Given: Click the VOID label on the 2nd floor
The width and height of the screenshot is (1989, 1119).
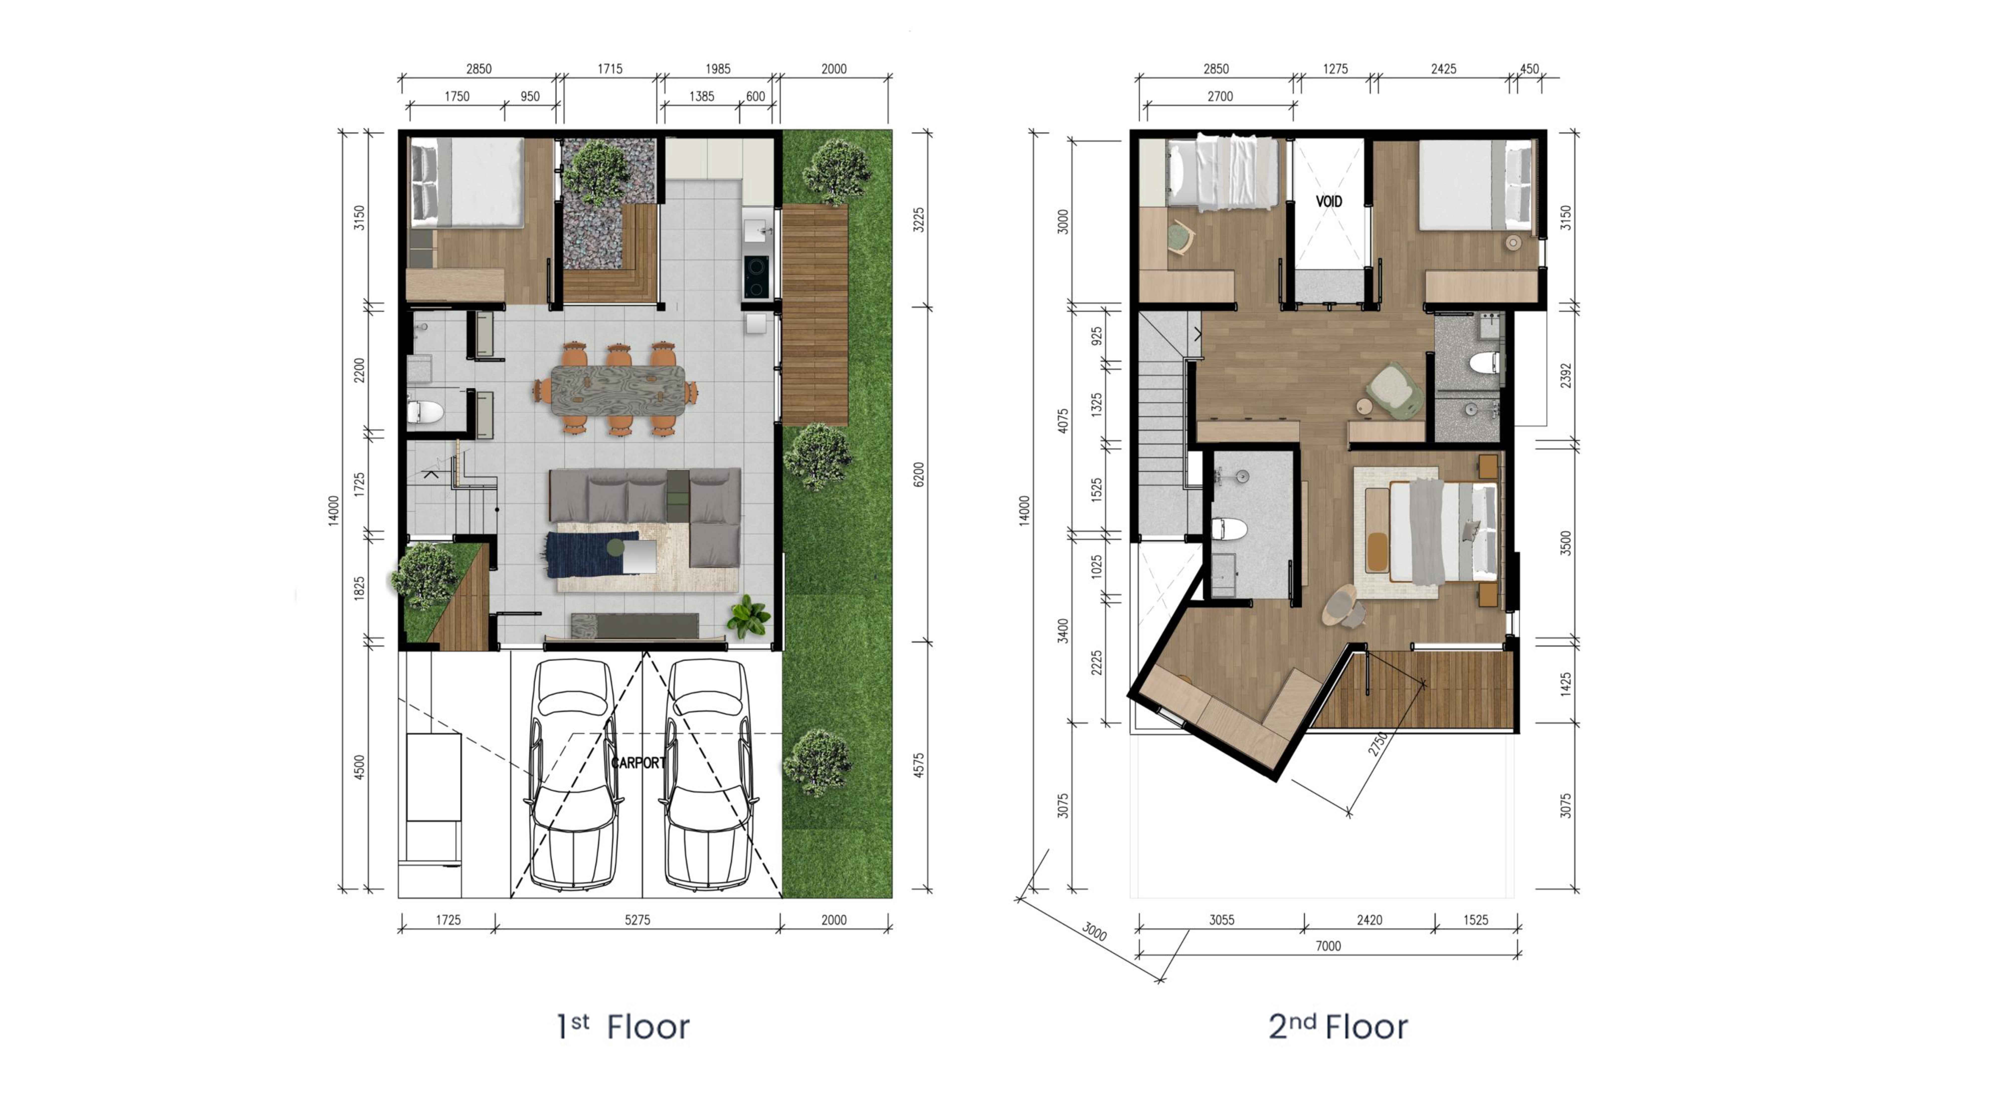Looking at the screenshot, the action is pos(1329,202).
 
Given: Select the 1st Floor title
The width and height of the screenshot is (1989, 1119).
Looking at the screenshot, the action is pos(623,1027).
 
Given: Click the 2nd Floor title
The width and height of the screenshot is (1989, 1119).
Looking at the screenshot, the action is pos(1338,1027).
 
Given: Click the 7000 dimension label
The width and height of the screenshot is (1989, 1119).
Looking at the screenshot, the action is pos(1328,946).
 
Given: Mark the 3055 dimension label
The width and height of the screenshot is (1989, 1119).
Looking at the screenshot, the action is pos(1221,920).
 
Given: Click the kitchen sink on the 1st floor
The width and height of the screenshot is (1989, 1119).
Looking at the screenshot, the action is pos(757,229).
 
